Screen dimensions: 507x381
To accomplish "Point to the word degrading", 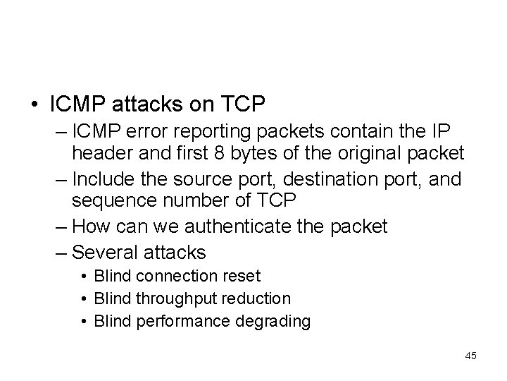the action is point(277,322).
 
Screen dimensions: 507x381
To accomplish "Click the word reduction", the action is point(256,299).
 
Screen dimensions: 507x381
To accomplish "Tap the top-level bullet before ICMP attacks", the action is point(34,106).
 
